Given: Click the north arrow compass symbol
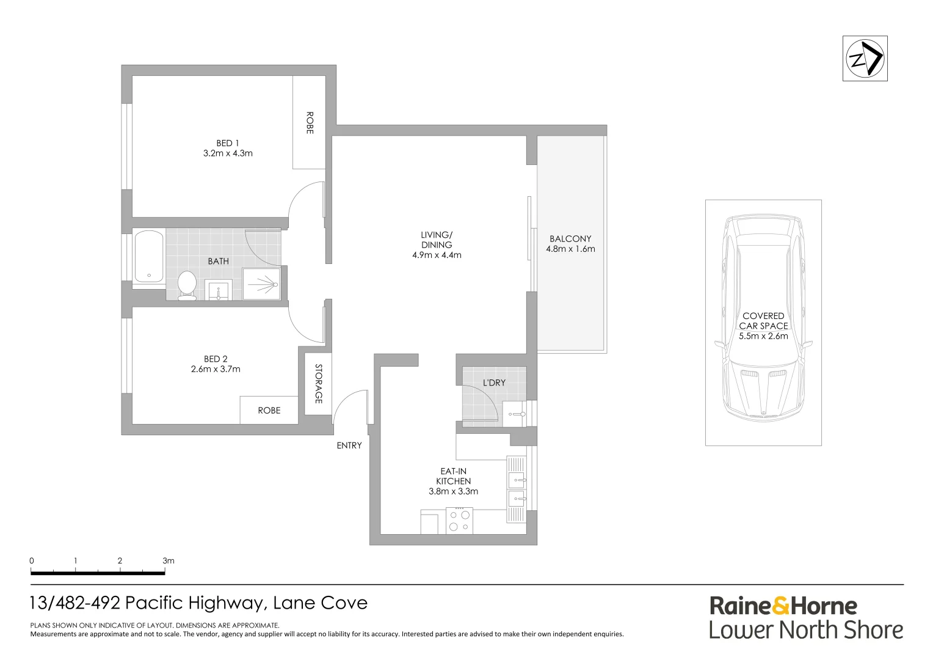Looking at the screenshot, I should click(865, 59).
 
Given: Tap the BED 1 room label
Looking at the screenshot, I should click(227, 143).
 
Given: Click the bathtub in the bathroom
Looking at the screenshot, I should click(149, 256).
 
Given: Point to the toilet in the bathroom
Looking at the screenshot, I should click(187, 285).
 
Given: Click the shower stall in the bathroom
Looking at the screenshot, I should click(262, 284).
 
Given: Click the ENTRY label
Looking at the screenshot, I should click(349, 446).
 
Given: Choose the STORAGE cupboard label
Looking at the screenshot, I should click(318, 384).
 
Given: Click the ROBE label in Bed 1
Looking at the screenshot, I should click(309, 123).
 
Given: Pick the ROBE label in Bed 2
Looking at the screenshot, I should click(269, 411).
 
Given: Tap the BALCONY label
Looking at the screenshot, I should click(570, 239).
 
